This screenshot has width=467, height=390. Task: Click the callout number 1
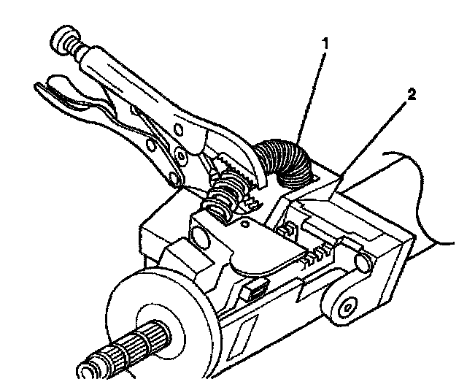pos(325,44)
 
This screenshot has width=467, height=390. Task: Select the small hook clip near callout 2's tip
pos(287,229)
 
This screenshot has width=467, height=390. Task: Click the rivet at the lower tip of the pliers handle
pos(176,177)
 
